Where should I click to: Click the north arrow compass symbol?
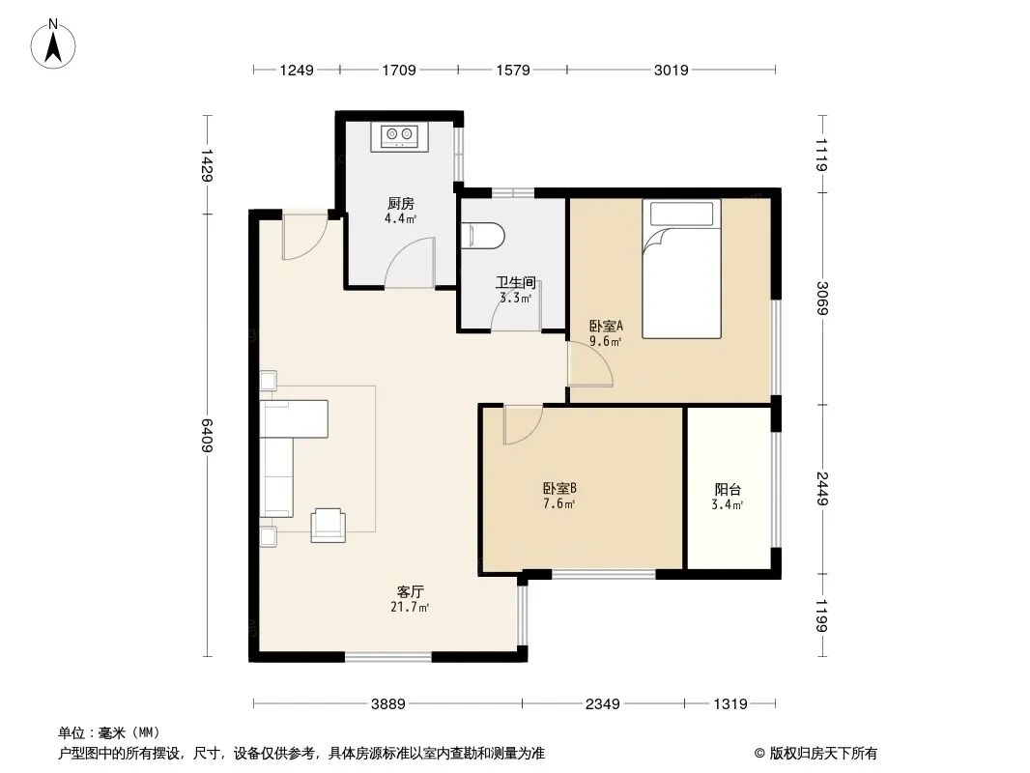[53, 43]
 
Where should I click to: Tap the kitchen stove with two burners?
[399, 136]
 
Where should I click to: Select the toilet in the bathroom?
[483, 236]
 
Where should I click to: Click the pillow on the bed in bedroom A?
[681, 214]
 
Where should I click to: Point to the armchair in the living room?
[328, 525]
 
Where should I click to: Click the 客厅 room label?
[410, 591]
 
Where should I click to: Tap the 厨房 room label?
[400, 204]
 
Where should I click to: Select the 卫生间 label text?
[516, 283]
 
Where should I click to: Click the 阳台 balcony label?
[728, 489]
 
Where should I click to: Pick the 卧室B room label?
[559, 489]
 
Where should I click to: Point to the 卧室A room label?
[606, 326]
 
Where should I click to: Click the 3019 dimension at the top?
[671, 70]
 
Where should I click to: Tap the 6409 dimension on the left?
[206, 435]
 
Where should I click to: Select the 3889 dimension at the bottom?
[388, 704]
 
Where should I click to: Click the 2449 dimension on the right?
[822, 489]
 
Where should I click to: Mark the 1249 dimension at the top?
[297, 70]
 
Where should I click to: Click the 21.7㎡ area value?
[410, 608]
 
